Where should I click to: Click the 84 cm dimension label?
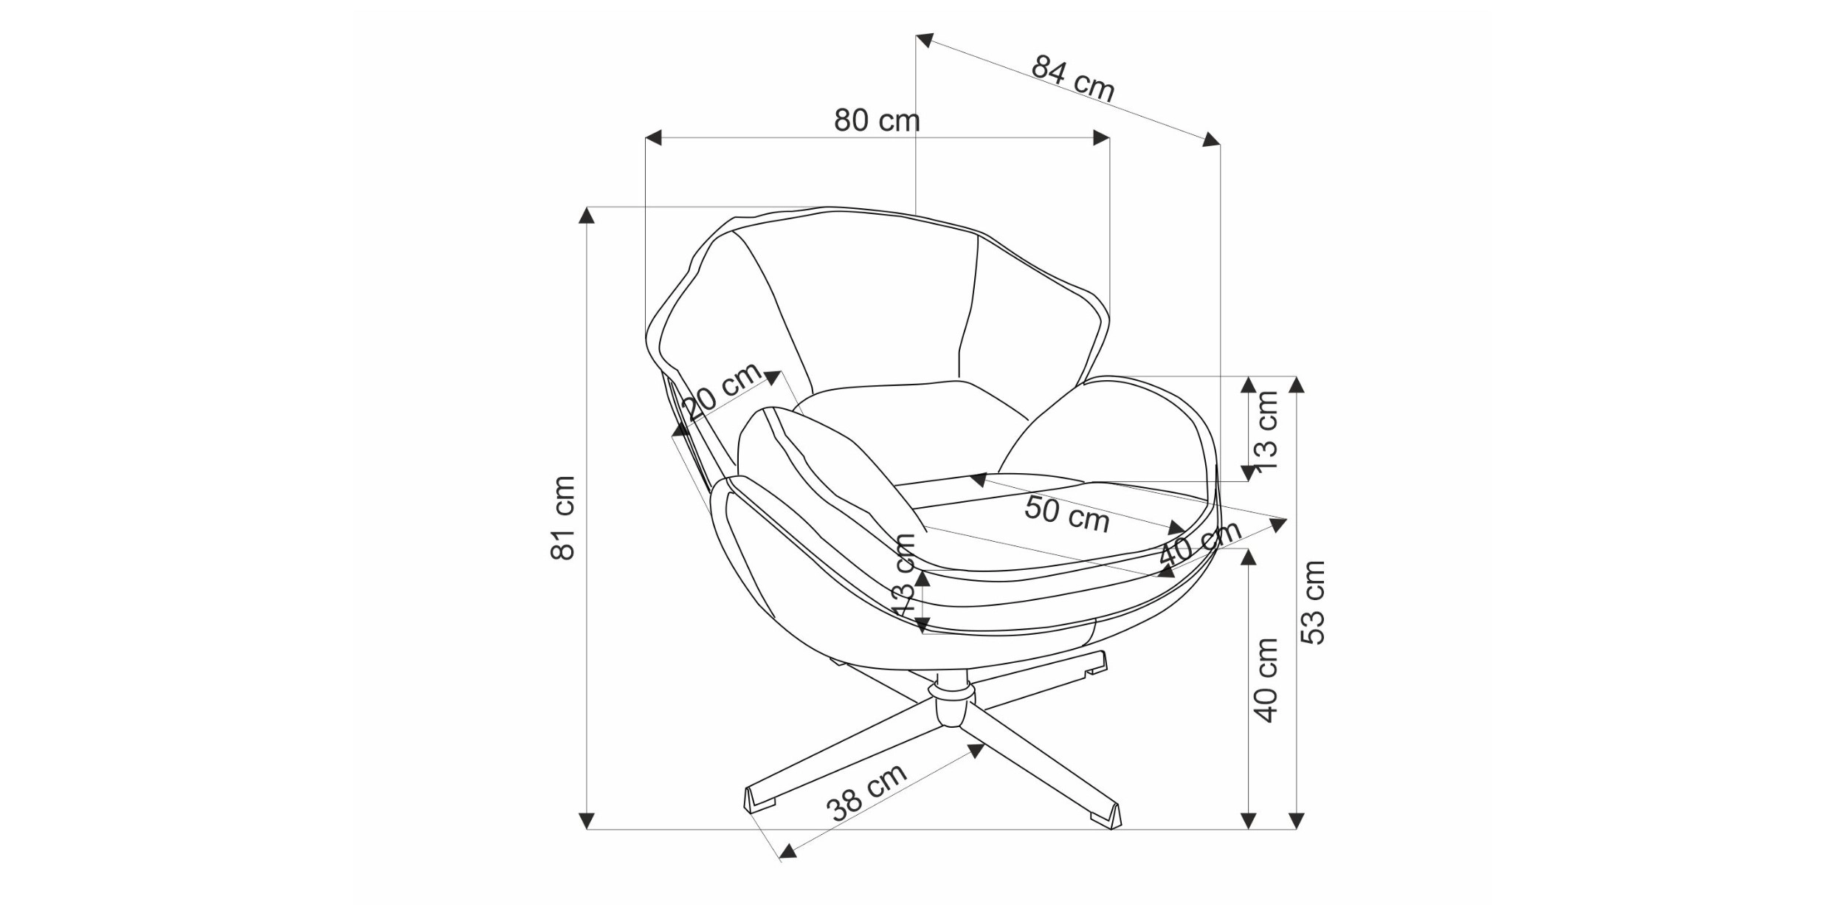(1072, 78)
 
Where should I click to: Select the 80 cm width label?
(877, 120)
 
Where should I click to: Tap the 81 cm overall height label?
(563, 517)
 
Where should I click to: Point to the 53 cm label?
(1313, 602)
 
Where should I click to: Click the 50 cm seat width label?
(1067, 514)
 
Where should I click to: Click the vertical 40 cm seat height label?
(1266, 680)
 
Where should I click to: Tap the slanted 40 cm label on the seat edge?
(1200, 544)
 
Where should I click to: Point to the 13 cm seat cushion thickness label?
(905, 575)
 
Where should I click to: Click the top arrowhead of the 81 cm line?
(587, 215)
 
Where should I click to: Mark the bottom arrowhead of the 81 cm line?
(587, 820)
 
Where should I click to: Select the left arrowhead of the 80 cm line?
(654, 138)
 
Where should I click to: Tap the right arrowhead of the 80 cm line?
(1101, 138)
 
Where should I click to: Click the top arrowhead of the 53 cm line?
(1297, 385)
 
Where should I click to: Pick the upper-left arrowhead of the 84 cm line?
(925, 40)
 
